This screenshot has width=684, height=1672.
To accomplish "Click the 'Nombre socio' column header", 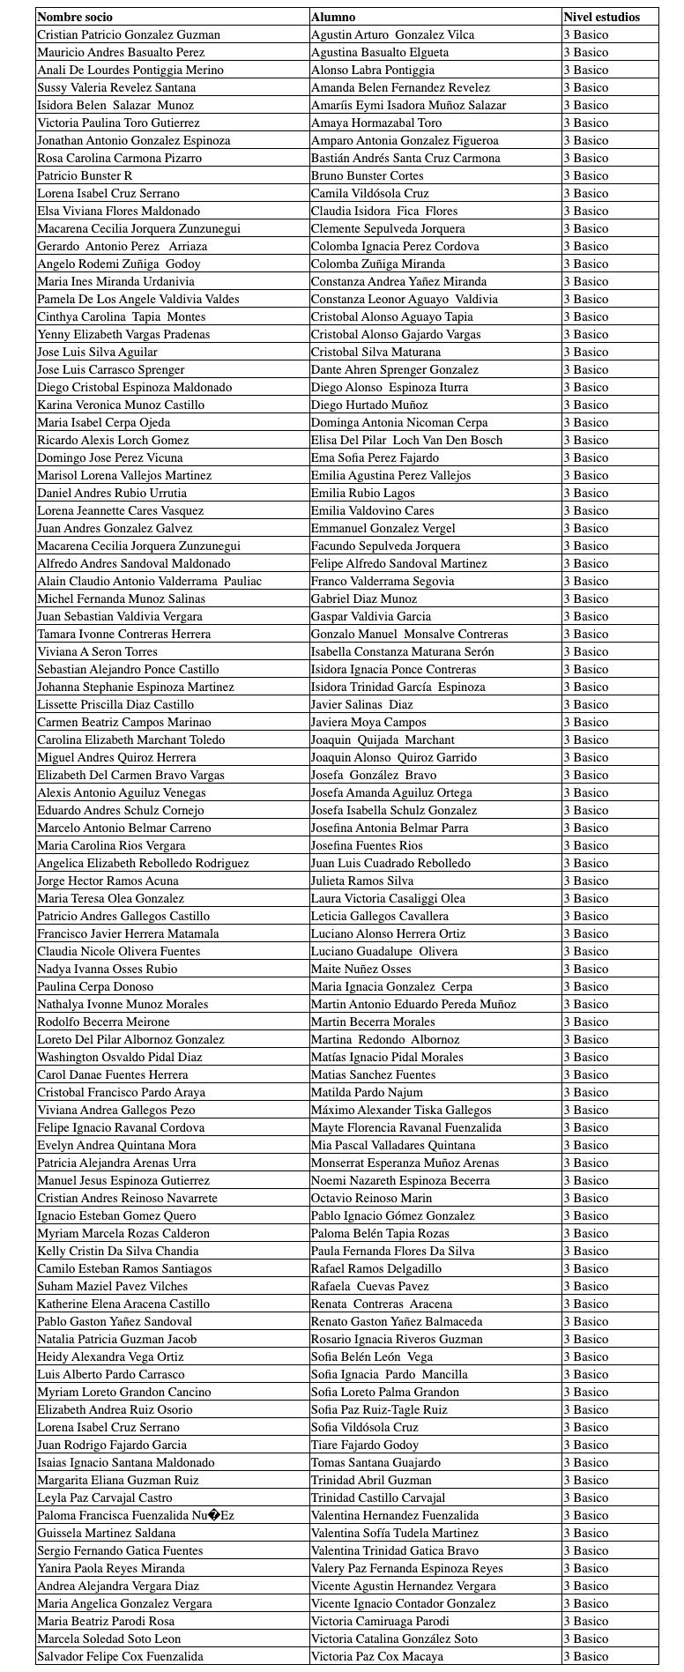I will click(75, 17).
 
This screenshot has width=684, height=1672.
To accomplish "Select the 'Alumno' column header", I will click(333, 17).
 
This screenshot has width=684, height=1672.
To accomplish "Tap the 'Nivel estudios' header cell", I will click(601, 17).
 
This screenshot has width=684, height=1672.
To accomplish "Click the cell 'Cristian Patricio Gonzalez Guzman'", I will click(129, 34).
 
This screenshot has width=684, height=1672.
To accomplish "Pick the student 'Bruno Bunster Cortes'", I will click(367, 175).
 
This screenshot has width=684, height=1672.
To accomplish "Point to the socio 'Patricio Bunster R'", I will click(85, 175).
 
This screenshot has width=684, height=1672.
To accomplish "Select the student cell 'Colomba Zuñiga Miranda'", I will click(377, 264).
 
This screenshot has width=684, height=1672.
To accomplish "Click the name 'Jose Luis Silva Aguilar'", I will click(97, 352).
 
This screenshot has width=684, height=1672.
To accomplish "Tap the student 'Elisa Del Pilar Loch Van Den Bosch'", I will click(406, 440).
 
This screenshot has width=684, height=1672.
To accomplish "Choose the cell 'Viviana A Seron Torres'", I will click(97, 651).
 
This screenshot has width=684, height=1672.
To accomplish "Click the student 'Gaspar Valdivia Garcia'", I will click(371, 616).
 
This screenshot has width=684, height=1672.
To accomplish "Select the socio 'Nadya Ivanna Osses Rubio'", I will click(107, 969).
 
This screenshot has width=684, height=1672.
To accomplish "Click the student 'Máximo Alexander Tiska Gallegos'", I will click(401, 1110).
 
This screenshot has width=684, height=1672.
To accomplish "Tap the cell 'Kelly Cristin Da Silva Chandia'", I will click(117, 1251).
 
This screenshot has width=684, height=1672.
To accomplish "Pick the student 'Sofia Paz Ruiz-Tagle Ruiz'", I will click(379, 1409).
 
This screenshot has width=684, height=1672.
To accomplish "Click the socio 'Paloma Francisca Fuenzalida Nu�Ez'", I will click(135, 1515).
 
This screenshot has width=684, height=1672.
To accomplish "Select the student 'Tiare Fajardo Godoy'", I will click(364, 1445).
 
